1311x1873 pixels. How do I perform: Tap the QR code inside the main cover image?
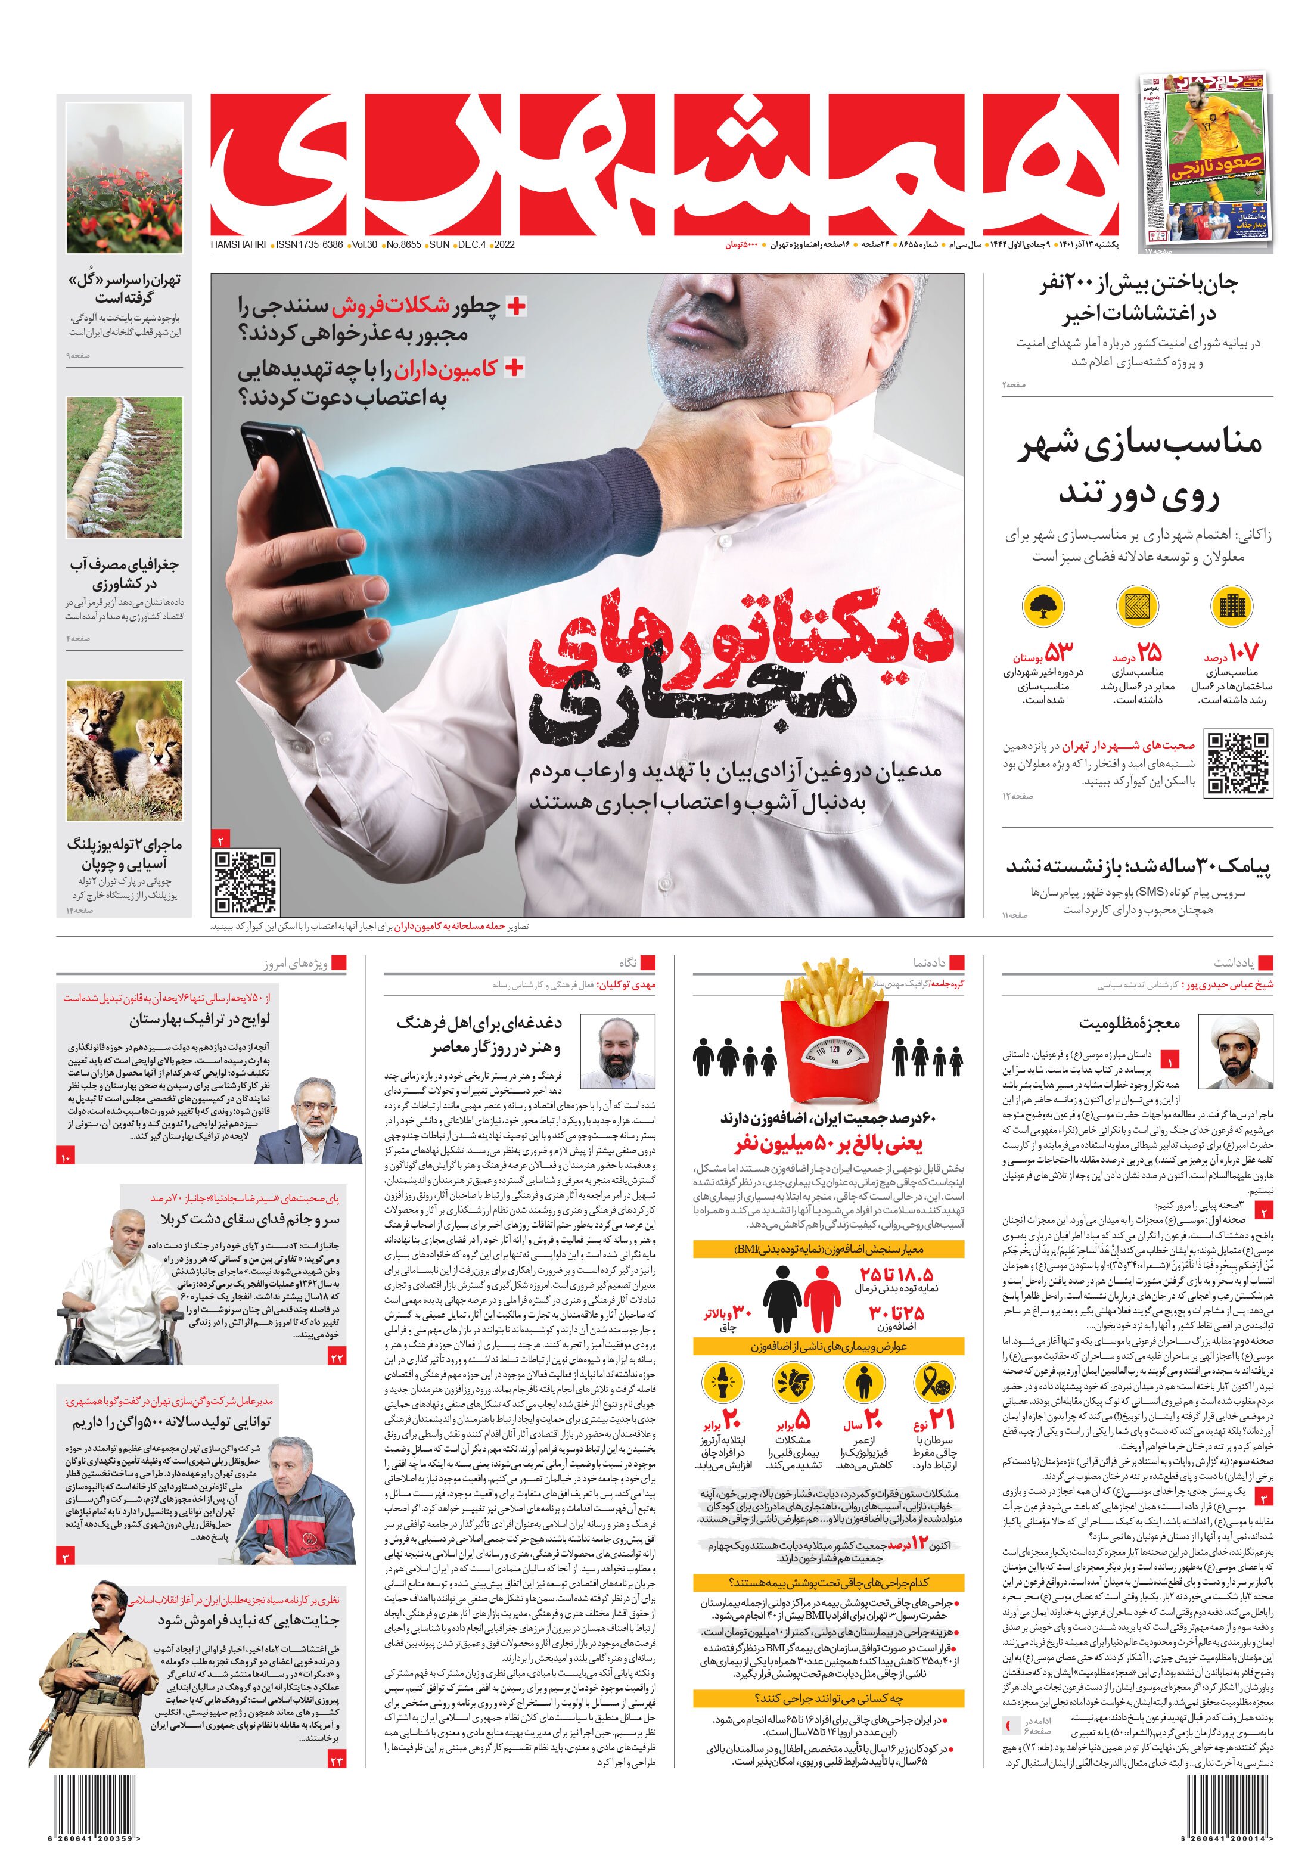pos(246,882)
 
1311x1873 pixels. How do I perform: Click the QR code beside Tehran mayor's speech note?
pos(1238,763)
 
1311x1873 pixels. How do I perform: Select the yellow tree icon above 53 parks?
pos(1042,606)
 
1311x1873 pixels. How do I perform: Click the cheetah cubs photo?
pos(124,750)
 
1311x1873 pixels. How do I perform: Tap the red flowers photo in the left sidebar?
pos(124,177)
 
